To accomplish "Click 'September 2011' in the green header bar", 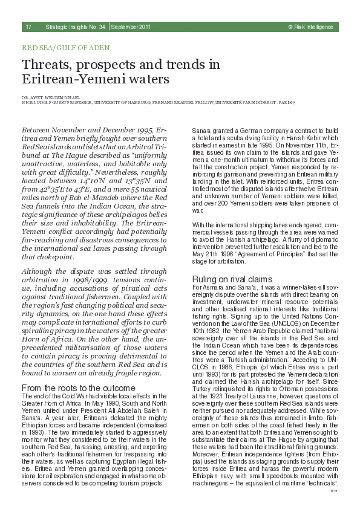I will pyautogui.click(x=131, y=27).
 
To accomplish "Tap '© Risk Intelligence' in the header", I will pyautogui.click(x=311, y=27).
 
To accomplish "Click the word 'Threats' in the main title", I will pyautogui.click(x=47, y=64).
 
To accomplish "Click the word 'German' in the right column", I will pyautogui.click(x=248, y=131).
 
